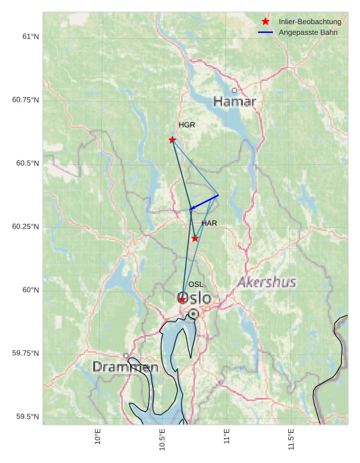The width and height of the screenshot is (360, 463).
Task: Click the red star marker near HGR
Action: coord(172,139)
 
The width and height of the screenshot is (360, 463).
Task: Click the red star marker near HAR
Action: coord(195,238)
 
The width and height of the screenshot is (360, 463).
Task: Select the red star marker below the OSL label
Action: coord(182,300)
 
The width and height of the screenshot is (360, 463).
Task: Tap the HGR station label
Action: coord(186,125)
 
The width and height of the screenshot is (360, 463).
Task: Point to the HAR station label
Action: coord(209,223)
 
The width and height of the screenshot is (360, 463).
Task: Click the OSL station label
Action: coord(196,285)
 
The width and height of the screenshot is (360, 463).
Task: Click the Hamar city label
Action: coord(235,102)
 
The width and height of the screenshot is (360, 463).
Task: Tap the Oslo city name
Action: coord(194,298)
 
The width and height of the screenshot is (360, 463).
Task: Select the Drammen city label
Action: coord(125,367)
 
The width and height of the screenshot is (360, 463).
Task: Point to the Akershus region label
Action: coord(267,282)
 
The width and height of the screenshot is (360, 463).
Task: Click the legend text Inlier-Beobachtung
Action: coord(310,22)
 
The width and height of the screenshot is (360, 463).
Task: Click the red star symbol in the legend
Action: coord(265,21)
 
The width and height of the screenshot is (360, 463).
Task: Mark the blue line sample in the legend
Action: coord(265,32)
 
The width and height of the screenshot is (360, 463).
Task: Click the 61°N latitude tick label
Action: coord(29,36)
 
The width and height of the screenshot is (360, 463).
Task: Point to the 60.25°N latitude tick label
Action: coord(25,226)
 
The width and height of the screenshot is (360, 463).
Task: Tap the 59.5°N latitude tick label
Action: coord(27,417)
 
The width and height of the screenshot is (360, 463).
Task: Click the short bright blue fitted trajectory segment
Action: coord(204,202)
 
